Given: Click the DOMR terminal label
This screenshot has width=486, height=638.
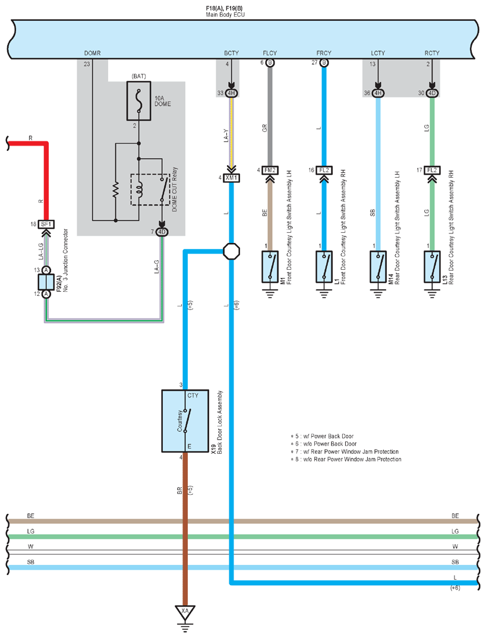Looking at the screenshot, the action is point(93,53).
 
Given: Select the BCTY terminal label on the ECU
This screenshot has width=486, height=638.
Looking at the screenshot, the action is point(231,53).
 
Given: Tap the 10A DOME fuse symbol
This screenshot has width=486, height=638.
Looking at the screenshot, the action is point(139,100).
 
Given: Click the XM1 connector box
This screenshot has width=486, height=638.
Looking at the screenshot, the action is point(231,178).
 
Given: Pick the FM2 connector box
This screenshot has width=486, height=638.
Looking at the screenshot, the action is point(270,170).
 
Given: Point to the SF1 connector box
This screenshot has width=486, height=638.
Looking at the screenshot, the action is point(46,224).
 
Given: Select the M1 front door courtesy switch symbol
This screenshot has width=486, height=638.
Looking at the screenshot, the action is point(270,267).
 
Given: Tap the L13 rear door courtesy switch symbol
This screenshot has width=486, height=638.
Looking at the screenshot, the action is point(433,267).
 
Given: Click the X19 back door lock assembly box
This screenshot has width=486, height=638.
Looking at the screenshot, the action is point(185,421).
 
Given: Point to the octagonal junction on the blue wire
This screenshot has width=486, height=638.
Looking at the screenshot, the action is point(231,251).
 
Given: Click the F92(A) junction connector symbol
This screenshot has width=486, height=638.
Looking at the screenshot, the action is point(46,282).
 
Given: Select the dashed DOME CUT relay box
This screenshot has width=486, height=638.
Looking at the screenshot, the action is point(150,189).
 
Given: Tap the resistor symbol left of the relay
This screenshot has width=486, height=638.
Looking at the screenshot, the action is point(116,189).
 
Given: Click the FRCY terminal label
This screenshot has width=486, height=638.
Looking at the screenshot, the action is point(324,53).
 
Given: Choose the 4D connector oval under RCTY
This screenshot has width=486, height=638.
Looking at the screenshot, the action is point(433,93).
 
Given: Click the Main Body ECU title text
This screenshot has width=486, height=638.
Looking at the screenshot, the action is point(225,15).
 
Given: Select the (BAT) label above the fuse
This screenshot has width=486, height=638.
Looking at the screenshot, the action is point(139,77).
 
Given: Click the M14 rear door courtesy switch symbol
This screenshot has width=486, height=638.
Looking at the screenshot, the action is point(378,267).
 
